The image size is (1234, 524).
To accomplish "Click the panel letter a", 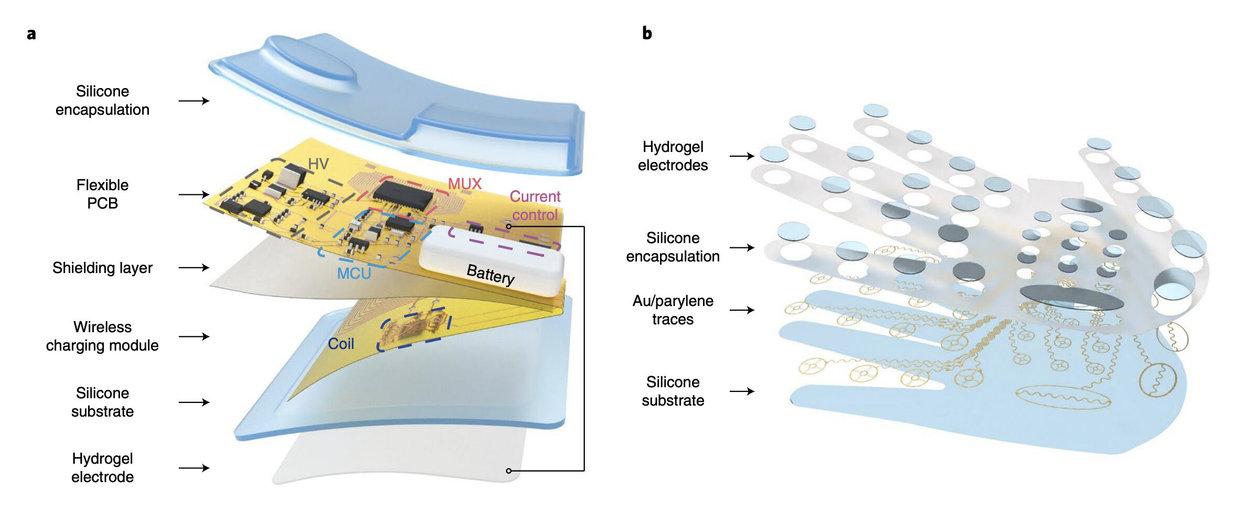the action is point(31,34).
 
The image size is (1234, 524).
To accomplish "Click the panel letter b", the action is point(647,33).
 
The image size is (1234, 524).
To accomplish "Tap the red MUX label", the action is point(464,184).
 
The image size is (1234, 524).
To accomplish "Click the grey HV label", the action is point(318,164).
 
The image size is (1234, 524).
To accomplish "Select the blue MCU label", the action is point(354,274).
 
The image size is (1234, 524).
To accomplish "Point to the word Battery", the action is point(491,274).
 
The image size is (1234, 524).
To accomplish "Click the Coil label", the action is point(341,344).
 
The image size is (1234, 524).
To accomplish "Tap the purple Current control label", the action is point(535,205).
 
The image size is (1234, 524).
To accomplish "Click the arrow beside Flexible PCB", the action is point(194,194).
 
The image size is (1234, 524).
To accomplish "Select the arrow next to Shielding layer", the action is point(194,268).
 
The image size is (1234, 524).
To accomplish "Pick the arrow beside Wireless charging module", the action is point(194,336).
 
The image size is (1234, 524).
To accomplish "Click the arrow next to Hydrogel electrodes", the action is point(742,156).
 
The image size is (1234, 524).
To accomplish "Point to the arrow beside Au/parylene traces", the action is point(742,310).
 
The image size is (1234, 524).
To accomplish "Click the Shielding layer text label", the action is point(102,268).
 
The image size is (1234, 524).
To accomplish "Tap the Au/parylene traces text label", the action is point(673,310).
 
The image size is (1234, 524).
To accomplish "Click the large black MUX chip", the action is point(403,196).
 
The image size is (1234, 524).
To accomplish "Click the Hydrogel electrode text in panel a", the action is point(102,467).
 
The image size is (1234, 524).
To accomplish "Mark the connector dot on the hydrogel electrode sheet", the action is point(508,471).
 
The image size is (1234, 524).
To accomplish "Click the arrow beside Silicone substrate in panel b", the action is point(742,391).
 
